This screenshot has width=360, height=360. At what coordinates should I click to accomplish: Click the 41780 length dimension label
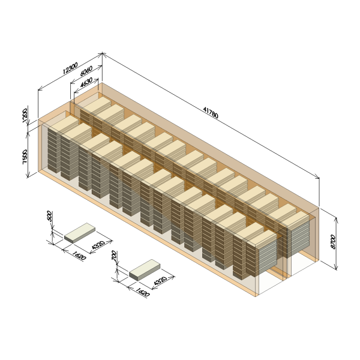[211, 112]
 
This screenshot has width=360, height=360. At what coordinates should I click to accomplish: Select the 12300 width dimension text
[70, 68]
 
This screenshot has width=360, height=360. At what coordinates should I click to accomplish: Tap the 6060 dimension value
[86, 71]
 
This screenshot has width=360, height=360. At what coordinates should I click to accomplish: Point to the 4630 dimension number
[86, 83]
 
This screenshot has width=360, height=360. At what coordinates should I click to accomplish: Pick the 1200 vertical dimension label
[25, 115]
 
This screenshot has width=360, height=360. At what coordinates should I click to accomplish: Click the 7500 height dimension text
[25, 157]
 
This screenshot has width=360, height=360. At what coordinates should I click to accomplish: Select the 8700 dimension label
[333, 242]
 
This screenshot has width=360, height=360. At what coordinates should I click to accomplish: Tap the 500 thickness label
[50, 216]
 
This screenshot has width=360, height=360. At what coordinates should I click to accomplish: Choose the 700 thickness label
[114, 256]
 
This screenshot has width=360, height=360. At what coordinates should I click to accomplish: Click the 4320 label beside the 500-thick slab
[98, 245]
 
